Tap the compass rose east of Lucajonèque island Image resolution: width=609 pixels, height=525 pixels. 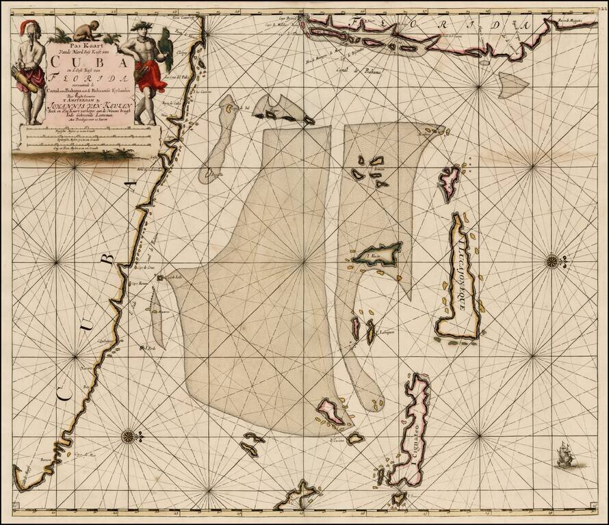[552, 260]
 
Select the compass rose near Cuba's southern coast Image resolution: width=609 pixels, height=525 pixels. [128, 435]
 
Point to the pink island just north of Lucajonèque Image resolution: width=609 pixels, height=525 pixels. [449, 183]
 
